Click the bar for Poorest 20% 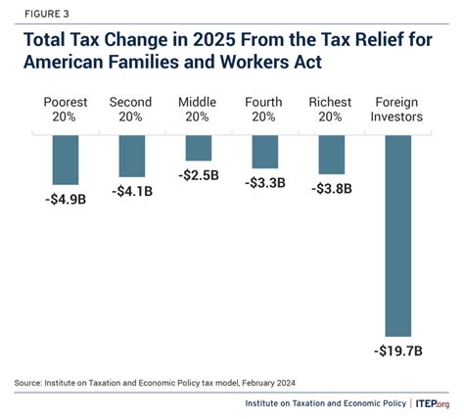pos(66,160)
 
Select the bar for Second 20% pos(132,156)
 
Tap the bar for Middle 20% pos(199,148)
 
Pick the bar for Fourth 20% pos(264,152)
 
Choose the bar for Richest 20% pos(331,155)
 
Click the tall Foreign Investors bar pos(397,235)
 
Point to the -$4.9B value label pos(66,199)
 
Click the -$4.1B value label pos(132,191)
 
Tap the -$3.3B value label pos(264,183)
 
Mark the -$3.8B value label pos(331,189)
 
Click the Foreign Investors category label pos(397,109)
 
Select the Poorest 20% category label pos(66,109)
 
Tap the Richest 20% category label pos(331,109)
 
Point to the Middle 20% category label pos(199,109)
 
